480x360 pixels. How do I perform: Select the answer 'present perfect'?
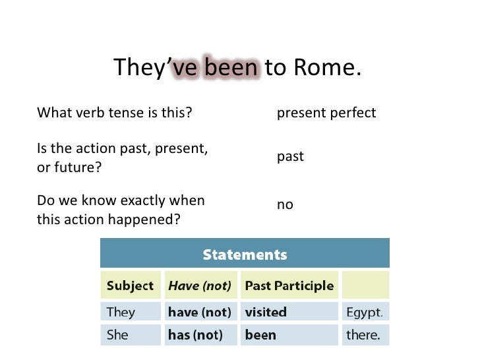click(326, 113)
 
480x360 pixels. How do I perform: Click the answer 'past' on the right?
click(290, 157)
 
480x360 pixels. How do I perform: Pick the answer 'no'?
click(285, 205)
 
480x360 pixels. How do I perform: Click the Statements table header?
click(244, 254)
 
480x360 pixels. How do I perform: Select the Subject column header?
click(130, 286)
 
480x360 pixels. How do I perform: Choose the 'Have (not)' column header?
click(200, 286)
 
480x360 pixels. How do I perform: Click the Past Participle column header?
click(289, 286)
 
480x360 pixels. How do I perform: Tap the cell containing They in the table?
click(130, 312)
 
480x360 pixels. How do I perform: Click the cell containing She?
click(130, 335)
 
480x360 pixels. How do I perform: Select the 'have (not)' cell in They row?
click(200, 312)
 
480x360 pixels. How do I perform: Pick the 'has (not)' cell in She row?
click(200, 335)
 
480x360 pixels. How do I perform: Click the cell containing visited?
click(289, 312)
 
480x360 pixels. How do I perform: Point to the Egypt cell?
click(365, 312)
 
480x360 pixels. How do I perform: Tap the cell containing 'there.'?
click(365, 335)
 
